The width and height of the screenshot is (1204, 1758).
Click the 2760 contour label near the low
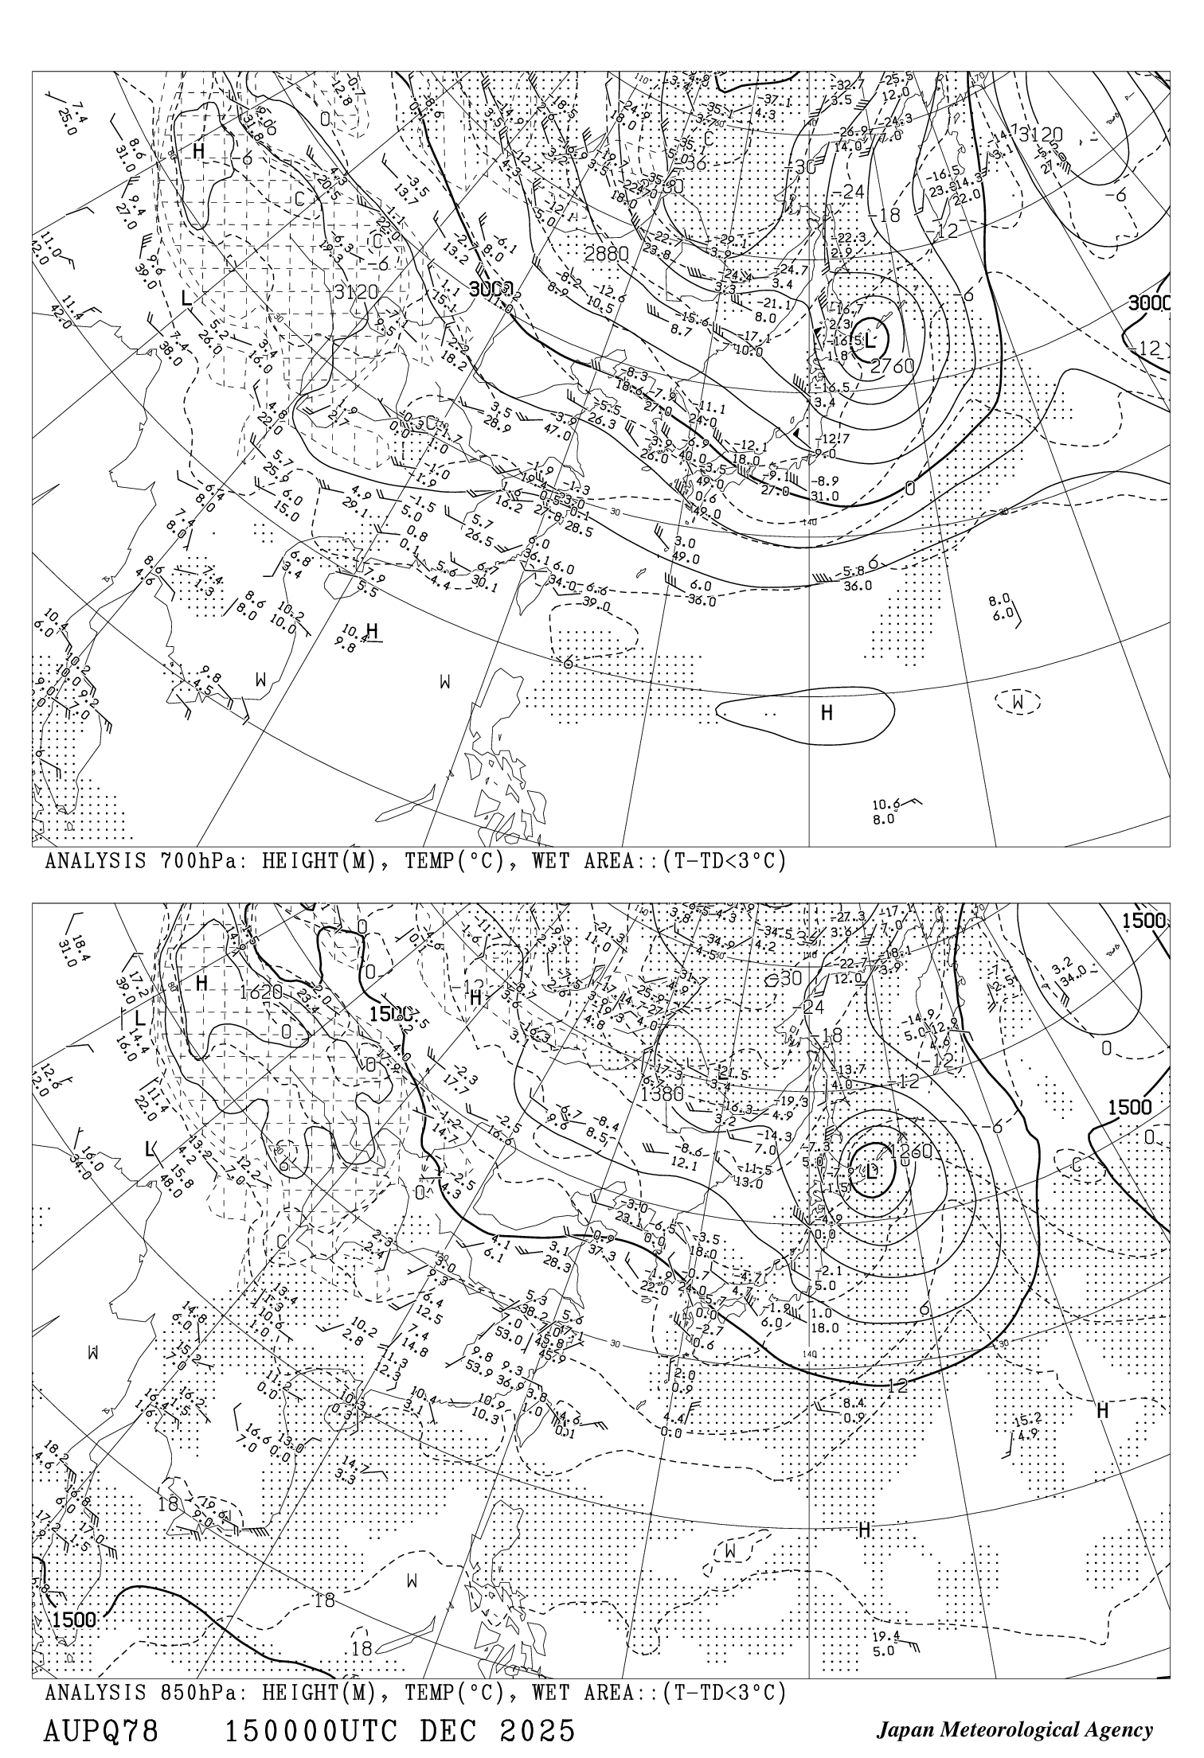[892, 366]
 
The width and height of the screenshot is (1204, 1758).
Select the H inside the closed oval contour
[827, 712]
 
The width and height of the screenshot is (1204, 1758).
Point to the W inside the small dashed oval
[1018, 702]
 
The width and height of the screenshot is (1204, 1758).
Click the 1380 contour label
[662, 1093]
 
